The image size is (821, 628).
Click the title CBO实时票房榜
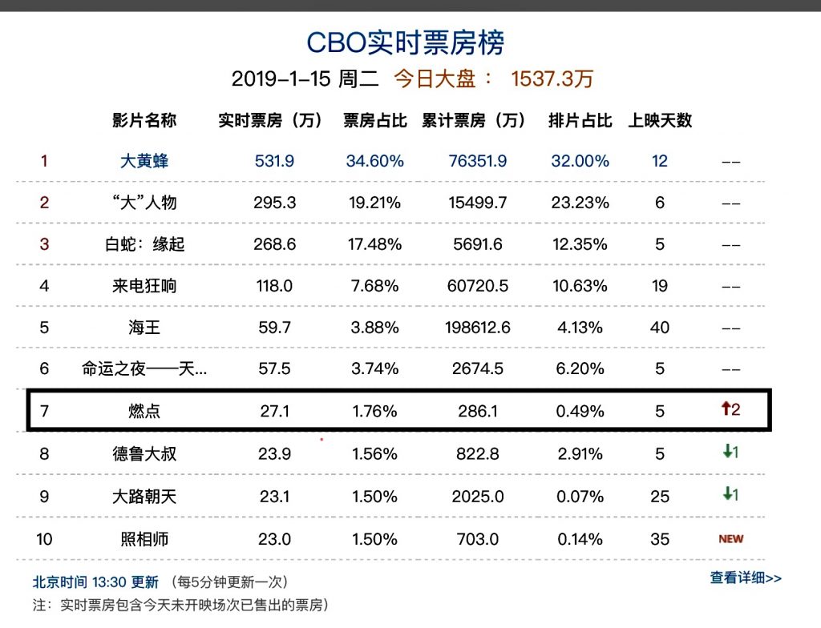[x=406, y=42]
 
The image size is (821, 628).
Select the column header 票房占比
[x=375, y=121]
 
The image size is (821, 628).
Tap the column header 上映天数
[x=660, y=121]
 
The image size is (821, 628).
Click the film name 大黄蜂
[x=144, y=161]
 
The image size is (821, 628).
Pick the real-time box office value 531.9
[x=274, y=161]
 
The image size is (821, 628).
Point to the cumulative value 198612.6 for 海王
[x=478, y=328]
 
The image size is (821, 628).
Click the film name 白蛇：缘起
[x=144, y=244]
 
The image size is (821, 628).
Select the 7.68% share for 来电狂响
[x=374, y=286]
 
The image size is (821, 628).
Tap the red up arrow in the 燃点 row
[x=725, y=409]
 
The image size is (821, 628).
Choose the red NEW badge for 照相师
[x=730, y=539]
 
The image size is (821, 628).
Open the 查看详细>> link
[x=745, y=578]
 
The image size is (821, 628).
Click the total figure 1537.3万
[x=552, y=79]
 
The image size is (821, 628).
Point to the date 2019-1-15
[x=276, y=79]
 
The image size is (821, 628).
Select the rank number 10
[x=44, y=539]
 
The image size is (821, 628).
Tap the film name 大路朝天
[x=144, y=497]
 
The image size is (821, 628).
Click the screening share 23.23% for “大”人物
[x=580, y=203]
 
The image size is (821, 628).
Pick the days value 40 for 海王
[x=660, y=328]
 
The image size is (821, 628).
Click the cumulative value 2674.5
[x=478, y=369]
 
